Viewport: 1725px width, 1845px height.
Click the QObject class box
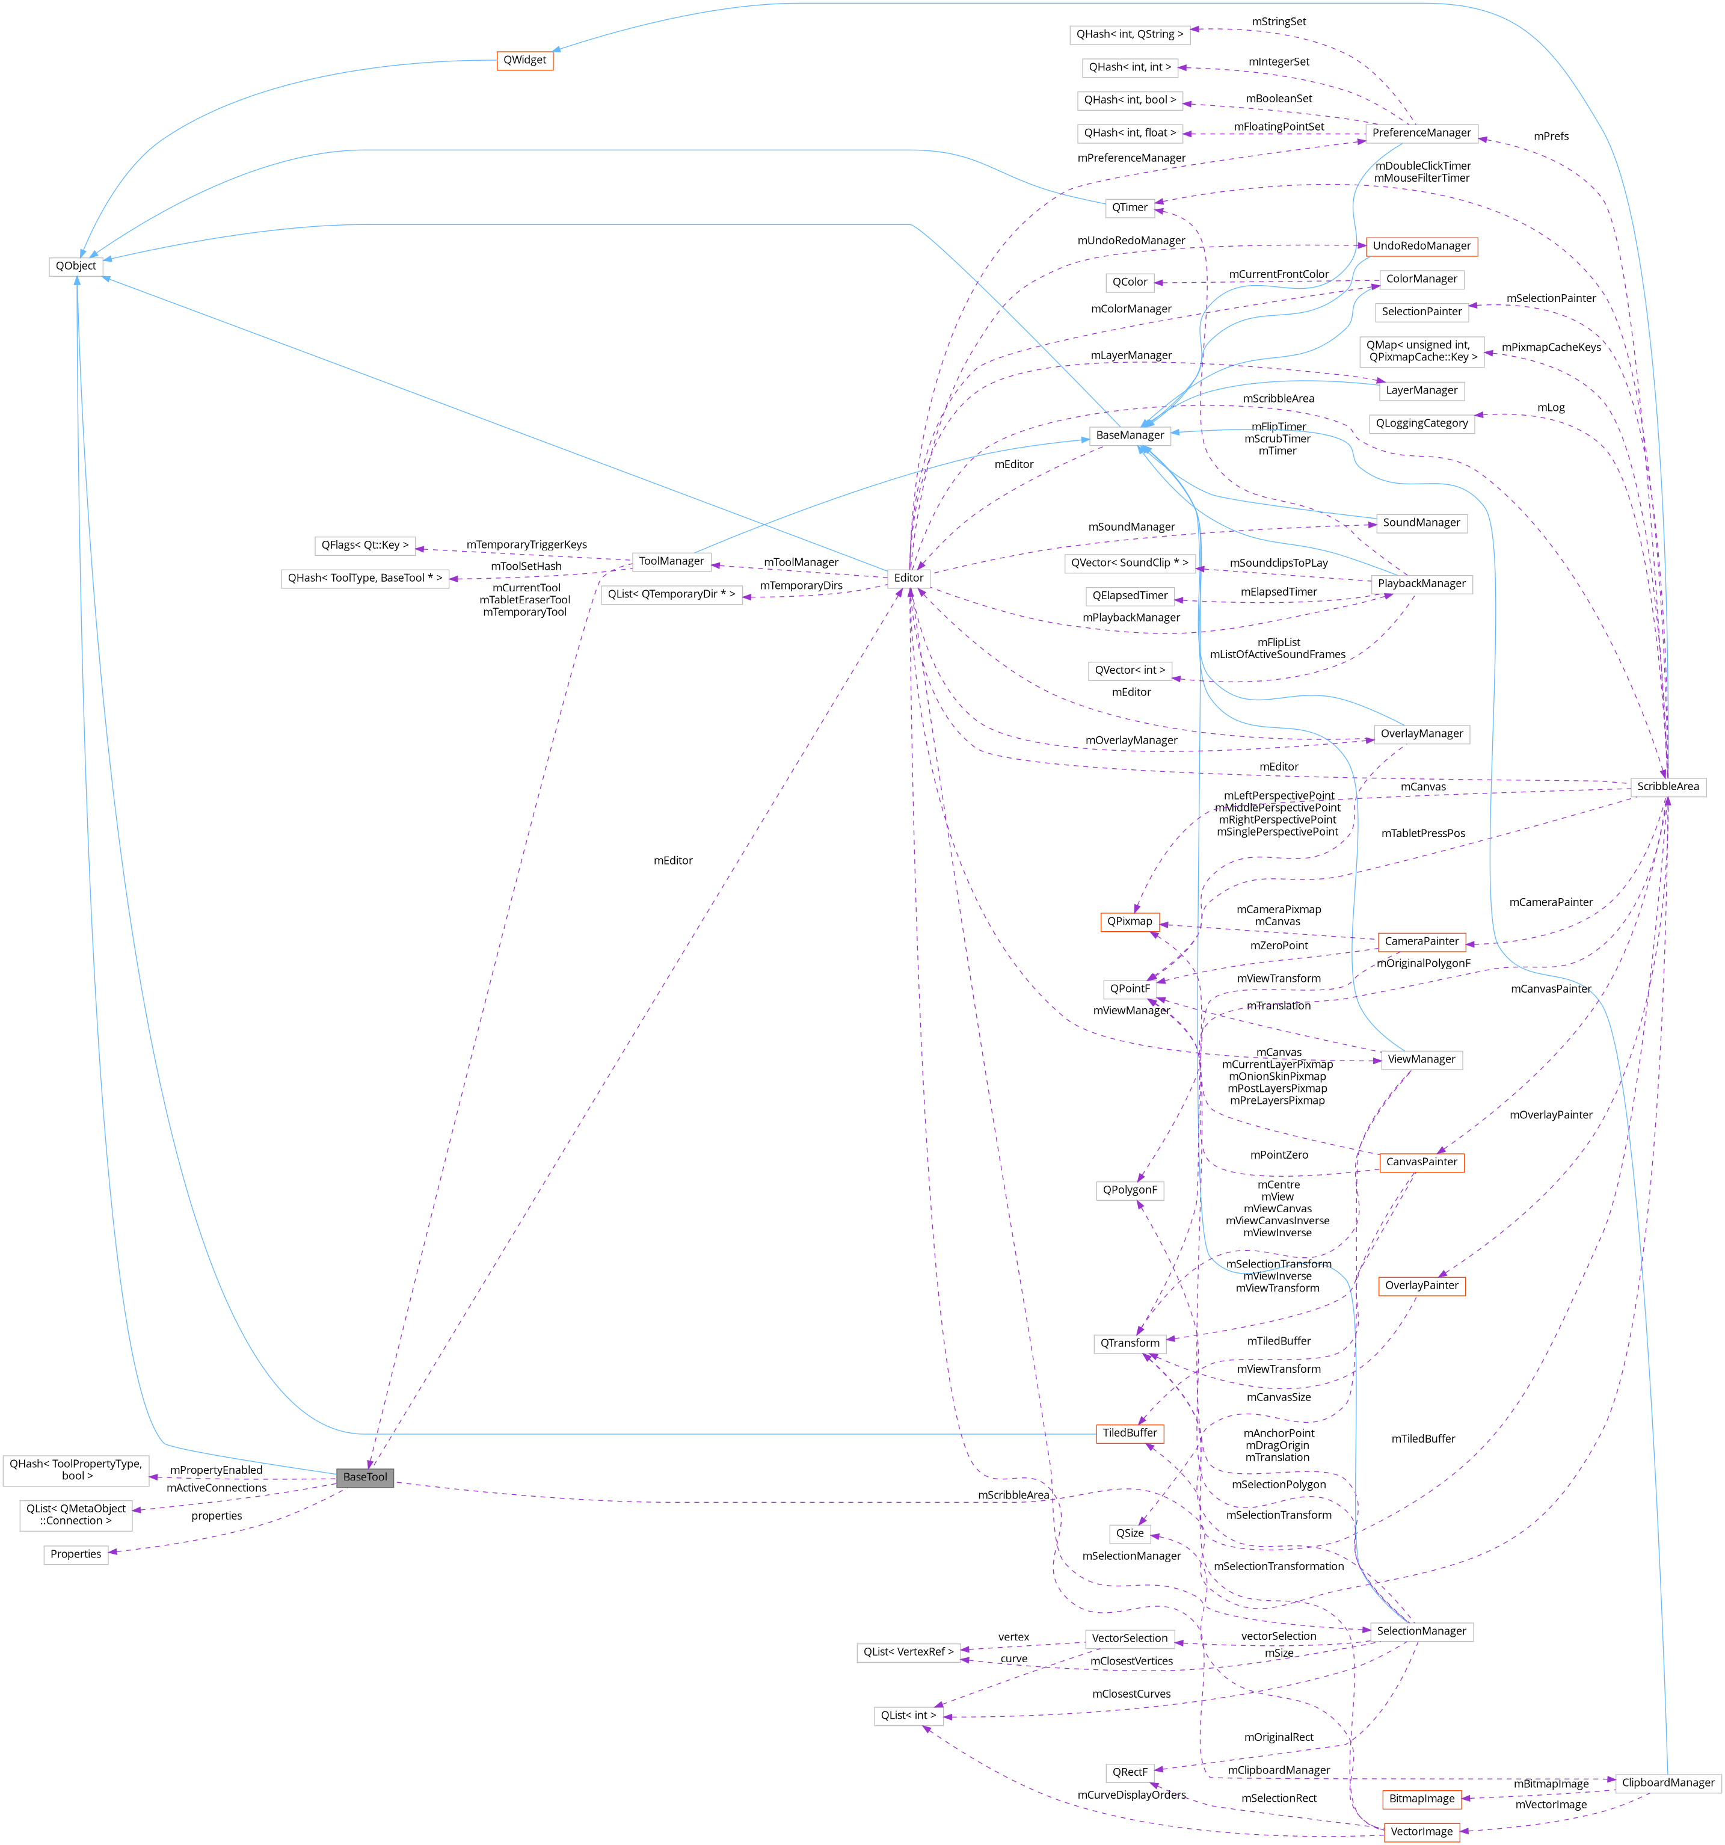coord(75,266)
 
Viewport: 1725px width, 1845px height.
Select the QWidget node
coord(524,60)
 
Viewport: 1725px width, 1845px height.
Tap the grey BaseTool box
coord(364,1477)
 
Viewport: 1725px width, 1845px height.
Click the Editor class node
coord(908,578)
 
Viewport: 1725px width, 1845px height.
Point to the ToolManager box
coord(671,561)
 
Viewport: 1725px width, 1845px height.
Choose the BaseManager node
coord(1130,436)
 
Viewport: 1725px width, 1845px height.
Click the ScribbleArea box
coord(1667,787)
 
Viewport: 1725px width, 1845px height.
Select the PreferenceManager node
coord(1421,133)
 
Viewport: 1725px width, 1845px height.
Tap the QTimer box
coord(1130,208)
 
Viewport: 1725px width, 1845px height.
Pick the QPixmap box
coord(1130,922)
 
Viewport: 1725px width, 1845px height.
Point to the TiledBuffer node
coord(1130,1433)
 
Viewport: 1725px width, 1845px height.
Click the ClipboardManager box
coord(1667,1783)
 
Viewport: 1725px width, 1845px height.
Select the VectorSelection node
coord(1130,1638)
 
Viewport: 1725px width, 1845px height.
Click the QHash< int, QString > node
coord(1130,34)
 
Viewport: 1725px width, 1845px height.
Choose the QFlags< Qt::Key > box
coord(364,546)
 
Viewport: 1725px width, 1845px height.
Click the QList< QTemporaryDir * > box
coord(671,595)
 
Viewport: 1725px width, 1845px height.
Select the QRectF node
coord(1130,1773)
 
